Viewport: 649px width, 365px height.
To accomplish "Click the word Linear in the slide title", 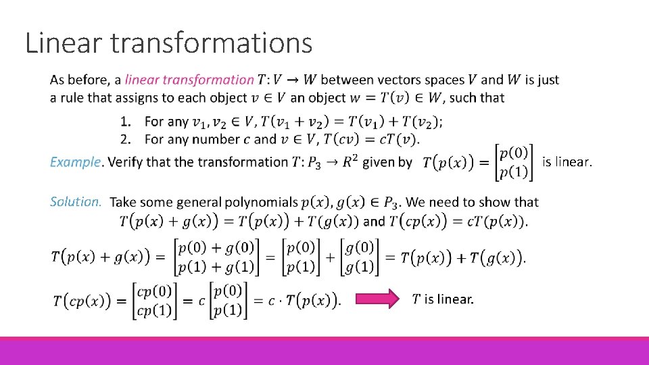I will pyautogui.click(x=63, y=43).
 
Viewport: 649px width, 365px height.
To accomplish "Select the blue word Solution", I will pyautogui.click(x=76, y=201).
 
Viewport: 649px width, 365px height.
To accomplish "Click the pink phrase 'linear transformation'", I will pyautogui.click(x=189, y=80).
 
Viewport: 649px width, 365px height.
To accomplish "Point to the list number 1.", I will pyautogui.click(x=125, y=122).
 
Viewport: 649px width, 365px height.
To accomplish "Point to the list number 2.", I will pyautogui.click(x=125, y=139).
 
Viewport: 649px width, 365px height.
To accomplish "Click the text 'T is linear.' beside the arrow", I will pyautogui.click(x=443, y=299).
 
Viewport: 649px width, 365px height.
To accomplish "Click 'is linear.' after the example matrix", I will pyautogui.click(x=567, y=162).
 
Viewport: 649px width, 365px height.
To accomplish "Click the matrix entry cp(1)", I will pyautogui.click(x=153, y=310).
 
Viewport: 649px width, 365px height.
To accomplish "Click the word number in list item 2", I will pyautogui.click(x=229, y=139).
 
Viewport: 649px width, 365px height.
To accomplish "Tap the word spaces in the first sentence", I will pyautogui.click(x=454, y=80).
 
